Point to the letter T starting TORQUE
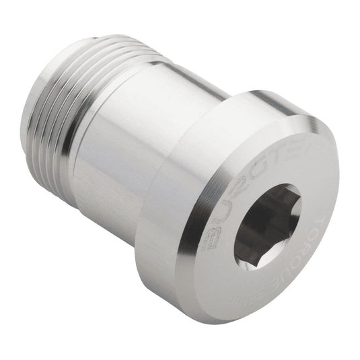328,182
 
